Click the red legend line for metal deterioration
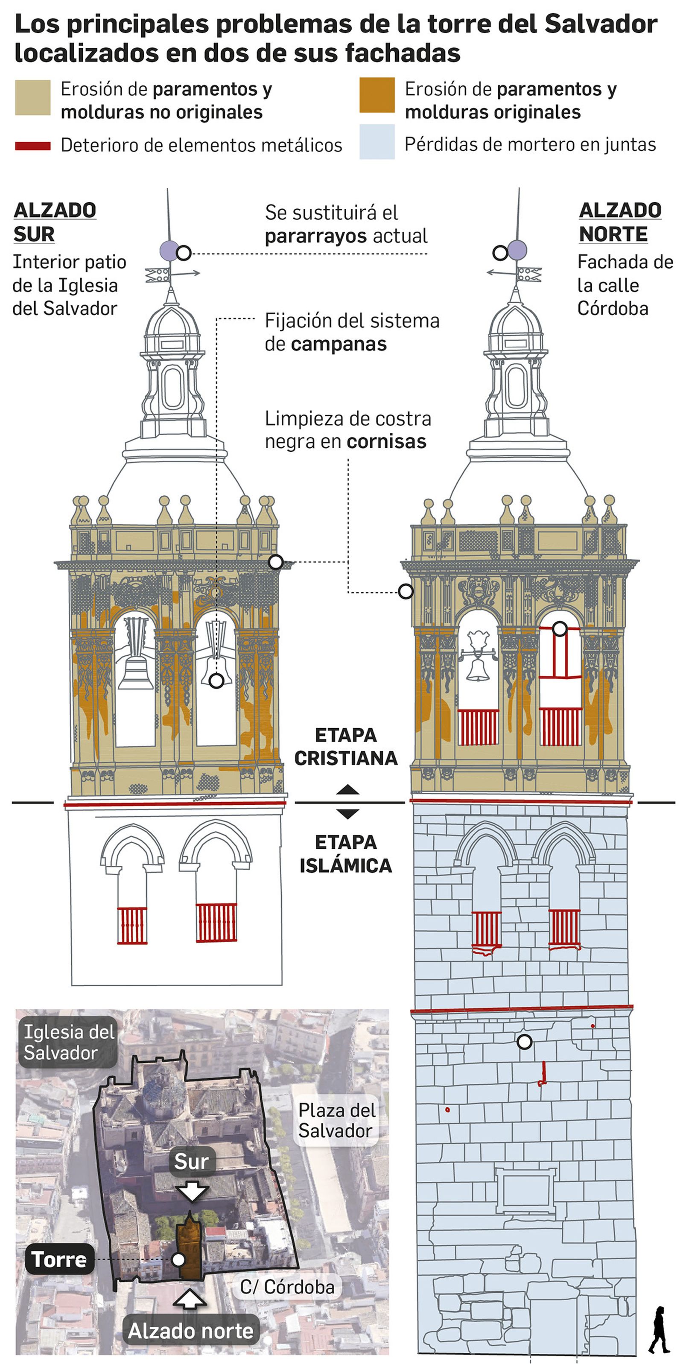click(x=33, y=146)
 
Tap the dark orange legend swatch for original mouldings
click(x=377, y=95)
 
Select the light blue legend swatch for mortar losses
click(x=377, y=142)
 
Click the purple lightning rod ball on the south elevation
click(x=169, y=250)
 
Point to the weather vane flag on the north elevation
click(x=529, y=274)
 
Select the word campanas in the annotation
click(x=339, y=344)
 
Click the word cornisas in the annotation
click(x=386, y=441)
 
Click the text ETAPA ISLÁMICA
click(x=346, y=853)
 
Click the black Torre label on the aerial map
click(x=59, y=1259)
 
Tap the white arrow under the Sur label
click(x=192, y=1192)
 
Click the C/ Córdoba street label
click(x=286, y=1287)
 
